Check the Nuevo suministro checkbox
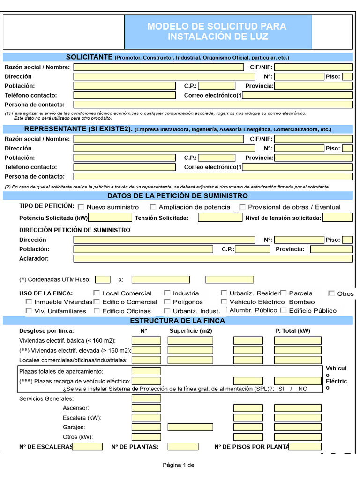point(81,207)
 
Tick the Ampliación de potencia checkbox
point(153,207)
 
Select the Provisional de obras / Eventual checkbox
point(242,207)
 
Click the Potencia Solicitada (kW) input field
point(110,217)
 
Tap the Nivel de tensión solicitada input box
point(337,217)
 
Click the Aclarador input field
point(213,258)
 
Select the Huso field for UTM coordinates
point(103,279)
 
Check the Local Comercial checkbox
point(97,293)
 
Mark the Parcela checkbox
point(284,293)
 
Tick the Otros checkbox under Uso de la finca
point(332,293)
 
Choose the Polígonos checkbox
point(167,302)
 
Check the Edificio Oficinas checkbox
point(97,311)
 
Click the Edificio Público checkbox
point(283,310)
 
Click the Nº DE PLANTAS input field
point(183,447)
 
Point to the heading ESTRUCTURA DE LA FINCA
point(177,321)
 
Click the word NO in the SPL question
point(303,389)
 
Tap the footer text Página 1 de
point(178,465)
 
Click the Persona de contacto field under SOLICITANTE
point(213,105)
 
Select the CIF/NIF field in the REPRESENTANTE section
point(313,139)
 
